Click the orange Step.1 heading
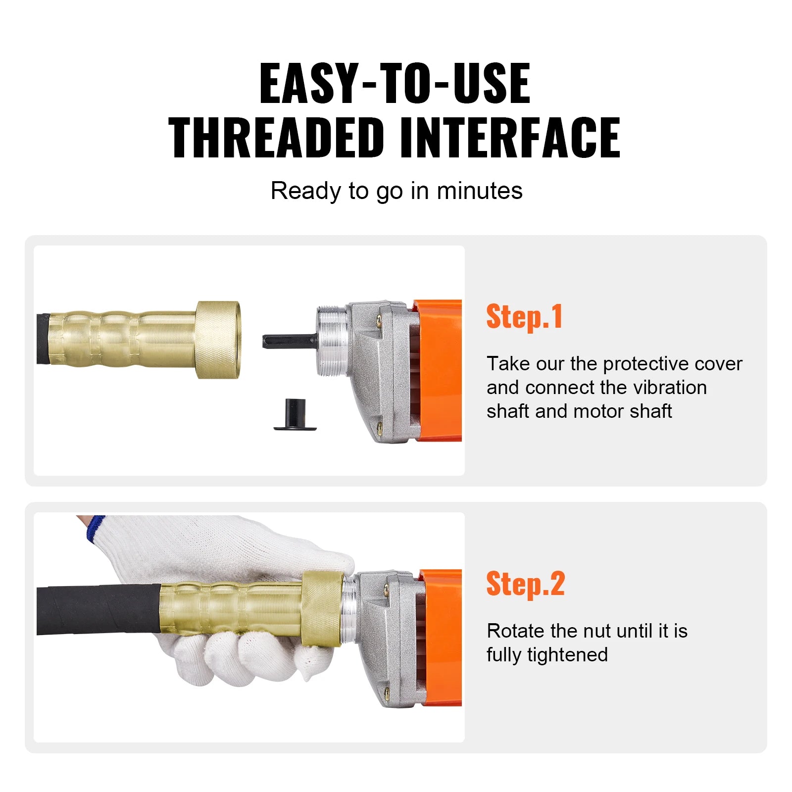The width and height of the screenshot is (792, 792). coord(524,317)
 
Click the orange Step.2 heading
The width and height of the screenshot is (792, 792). coord(525,584)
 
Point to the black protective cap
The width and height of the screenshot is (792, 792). coord(295,415)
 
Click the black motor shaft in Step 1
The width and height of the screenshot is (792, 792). coord(290,341)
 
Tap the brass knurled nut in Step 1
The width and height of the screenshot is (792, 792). coord(218,340)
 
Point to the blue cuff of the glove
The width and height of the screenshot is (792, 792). coord(95,529)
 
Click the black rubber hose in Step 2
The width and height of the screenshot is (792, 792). coord(99,609)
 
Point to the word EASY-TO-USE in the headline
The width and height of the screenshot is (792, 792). coord(395,84)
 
